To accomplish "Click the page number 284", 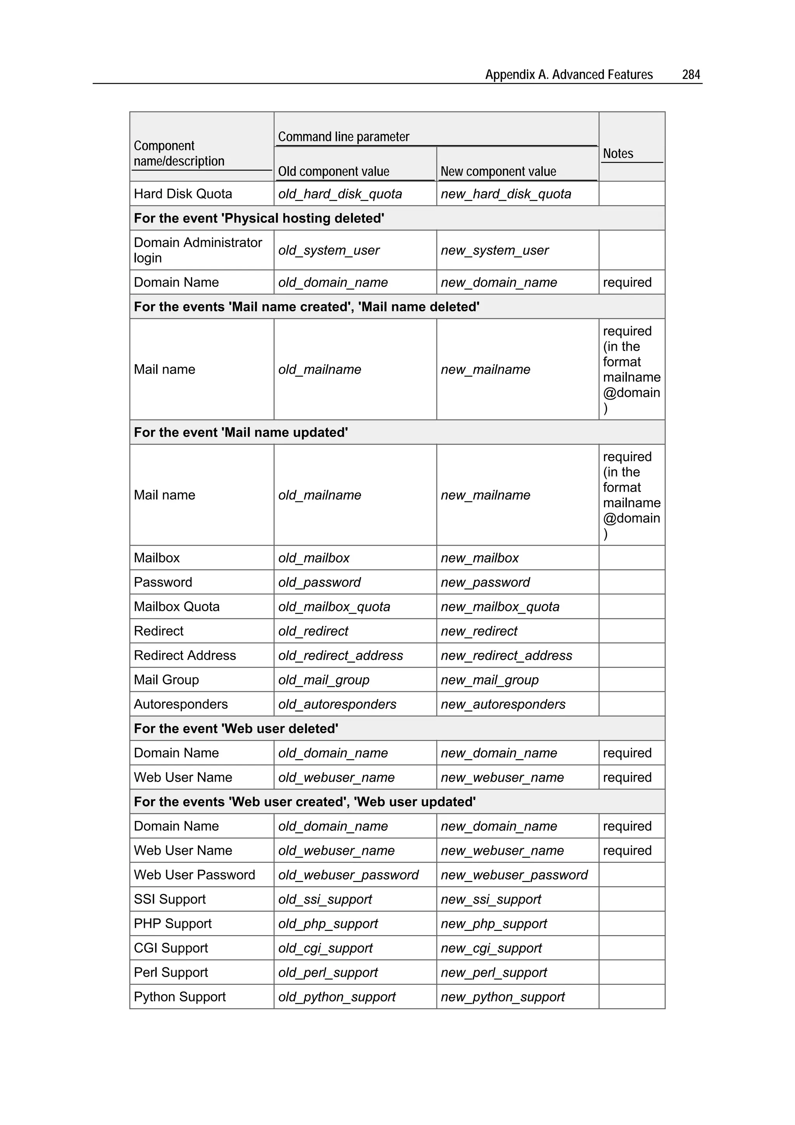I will point(691,75).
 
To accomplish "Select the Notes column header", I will point(618,153).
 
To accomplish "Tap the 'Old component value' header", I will point(333,172).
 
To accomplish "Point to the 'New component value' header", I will point(498,172).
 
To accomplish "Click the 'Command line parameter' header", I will point(344,137).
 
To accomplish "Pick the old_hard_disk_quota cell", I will point(340,194).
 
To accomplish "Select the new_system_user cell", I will point(494,250).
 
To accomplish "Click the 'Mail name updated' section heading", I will point(241,432).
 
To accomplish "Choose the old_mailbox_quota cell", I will point(334,607).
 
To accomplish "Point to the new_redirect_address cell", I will point(506,656).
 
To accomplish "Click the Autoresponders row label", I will point(181,704).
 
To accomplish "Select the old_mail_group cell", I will point(324,680).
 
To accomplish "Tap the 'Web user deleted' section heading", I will point(236,729).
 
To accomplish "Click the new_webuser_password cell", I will point(514,875).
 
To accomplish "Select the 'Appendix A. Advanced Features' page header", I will point(569,75).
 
